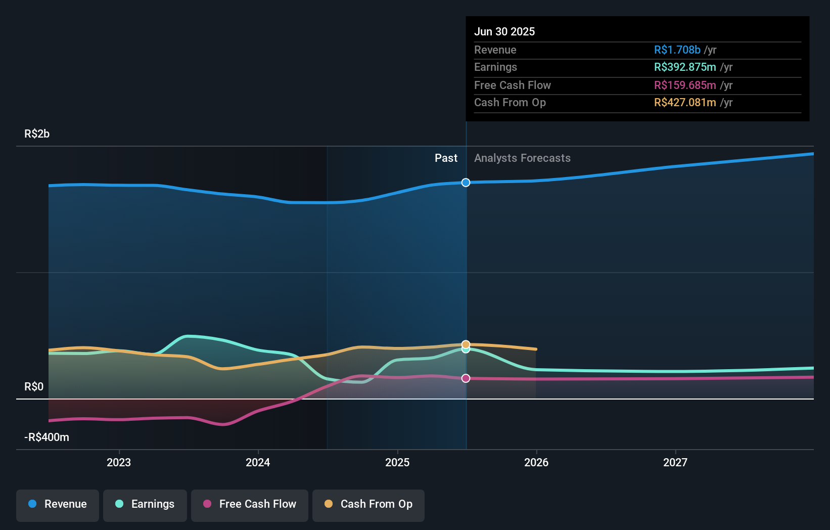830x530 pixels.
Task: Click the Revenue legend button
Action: point(58,504)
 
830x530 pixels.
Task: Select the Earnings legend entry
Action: point(145,504)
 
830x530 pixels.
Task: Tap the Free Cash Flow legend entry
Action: point(250,504)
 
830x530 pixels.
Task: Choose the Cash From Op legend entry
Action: point(368,504)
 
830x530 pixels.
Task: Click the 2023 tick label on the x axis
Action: point(119,462)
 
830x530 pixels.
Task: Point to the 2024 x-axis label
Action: point(258,462)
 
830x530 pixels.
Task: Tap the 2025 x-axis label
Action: point(397,462)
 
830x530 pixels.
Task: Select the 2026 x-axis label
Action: point(536,462)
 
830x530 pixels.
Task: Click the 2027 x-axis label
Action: point(675,462)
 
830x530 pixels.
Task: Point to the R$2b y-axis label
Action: point(37,134)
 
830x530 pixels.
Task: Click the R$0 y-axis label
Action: point(34,386)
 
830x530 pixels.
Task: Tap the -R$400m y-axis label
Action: point(47,437)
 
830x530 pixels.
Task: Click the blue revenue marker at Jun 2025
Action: point(466,183)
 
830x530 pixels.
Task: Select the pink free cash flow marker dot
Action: point(466,378)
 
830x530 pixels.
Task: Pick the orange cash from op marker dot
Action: point(466,344)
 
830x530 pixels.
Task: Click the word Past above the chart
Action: point(446,158)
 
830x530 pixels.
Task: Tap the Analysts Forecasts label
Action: point(522,158)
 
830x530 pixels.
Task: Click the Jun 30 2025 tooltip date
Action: point(504,31)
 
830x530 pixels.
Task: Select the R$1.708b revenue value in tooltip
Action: point(677,50)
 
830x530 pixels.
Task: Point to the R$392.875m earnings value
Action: point(685,67)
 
